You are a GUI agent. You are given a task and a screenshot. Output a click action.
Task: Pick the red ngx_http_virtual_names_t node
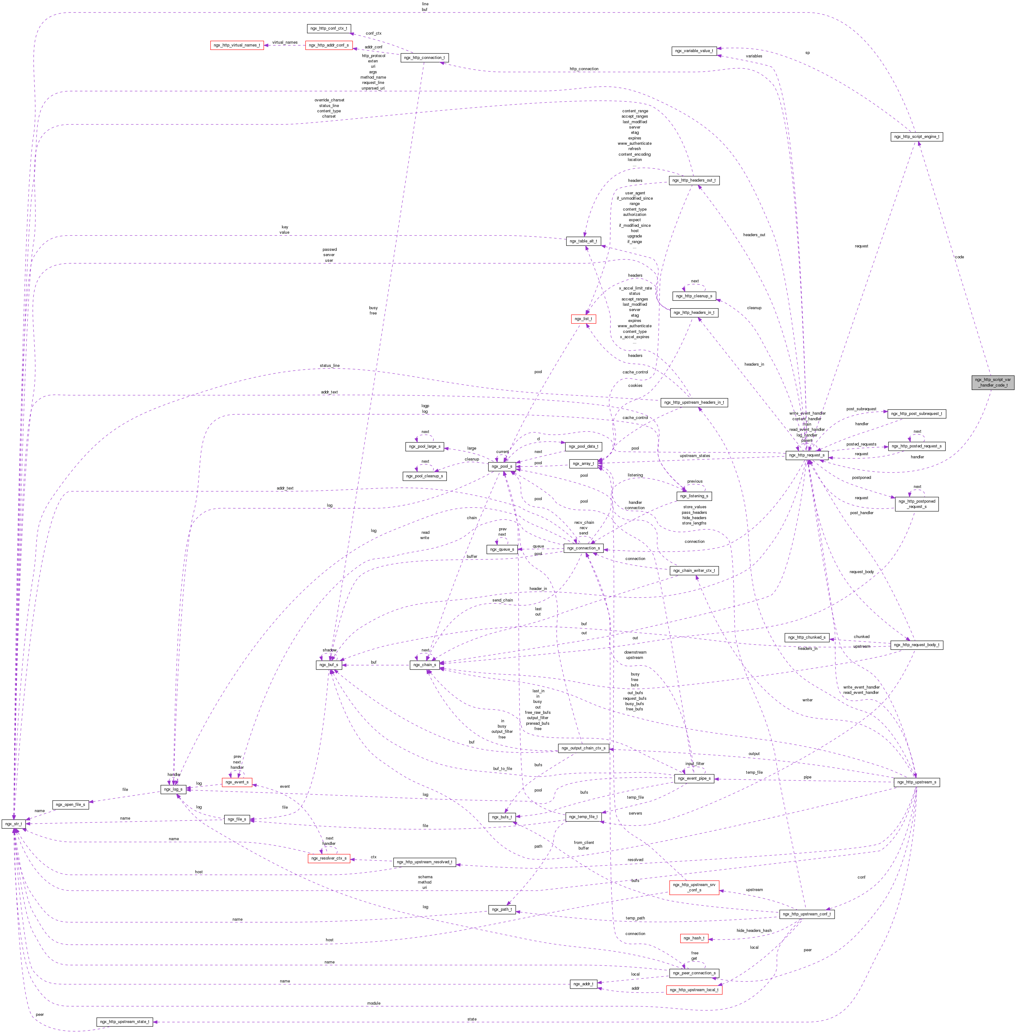237,45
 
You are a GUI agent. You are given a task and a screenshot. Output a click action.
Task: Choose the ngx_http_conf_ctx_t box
329,28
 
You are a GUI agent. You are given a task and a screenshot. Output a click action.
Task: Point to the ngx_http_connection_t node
424,58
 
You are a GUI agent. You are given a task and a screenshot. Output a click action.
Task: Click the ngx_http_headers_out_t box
694,180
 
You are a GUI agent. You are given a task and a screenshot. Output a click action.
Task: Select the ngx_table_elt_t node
583,241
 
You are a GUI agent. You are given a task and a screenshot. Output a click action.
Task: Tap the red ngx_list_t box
583,319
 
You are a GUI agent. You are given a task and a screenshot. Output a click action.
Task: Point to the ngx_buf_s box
329,665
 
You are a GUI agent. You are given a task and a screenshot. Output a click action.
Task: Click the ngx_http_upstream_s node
916,782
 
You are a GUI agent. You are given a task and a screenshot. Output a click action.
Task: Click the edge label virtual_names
285,42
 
